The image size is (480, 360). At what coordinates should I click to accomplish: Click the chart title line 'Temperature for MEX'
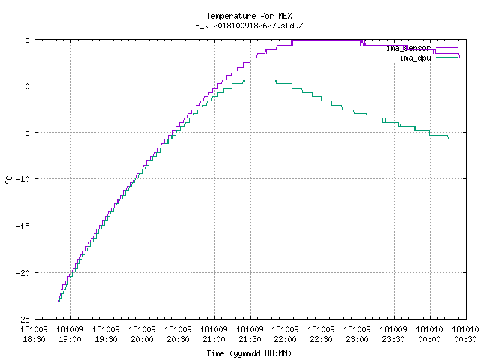click(249, 16)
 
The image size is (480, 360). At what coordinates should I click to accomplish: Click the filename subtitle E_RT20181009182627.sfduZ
click(249, 25)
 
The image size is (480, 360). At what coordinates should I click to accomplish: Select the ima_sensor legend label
click(408, 48)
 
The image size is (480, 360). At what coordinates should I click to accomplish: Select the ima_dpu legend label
click(415, 58)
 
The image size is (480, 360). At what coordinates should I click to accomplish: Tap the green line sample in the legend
click(446, 57)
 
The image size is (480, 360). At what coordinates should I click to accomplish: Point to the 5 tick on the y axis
click(28, 40)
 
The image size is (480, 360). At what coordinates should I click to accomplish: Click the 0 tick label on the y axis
click(28, 86)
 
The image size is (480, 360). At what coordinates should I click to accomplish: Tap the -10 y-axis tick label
click(23, 179)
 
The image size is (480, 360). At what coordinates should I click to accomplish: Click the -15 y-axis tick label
click(23, 226)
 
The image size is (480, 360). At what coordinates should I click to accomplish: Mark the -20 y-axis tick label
click(23, 273)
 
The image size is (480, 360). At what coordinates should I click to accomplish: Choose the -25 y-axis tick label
click(23, 319)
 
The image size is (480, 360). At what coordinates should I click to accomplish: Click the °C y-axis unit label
click(8, 180)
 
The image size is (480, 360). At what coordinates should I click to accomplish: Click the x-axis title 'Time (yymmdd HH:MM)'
click(249, 353)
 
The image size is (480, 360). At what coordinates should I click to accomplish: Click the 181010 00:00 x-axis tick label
click(430, 334)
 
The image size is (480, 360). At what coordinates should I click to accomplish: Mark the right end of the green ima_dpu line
click(460, 139)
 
